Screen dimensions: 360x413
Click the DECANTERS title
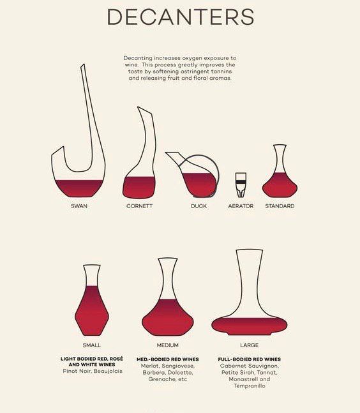coord(181,17)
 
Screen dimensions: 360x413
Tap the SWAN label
coord(79,206)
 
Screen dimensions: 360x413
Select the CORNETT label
coord(139,206)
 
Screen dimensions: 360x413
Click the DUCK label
coord(199,206)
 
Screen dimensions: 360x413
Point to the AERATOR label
coord(241,206)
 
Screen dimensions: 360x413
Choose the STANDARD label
coord(280,206)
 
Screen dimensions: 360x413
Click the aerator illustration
coord(241,185)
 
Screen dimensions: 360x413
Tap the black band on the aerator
coord(241,182)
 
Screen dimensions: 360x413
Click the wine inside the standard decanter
coord(280,186)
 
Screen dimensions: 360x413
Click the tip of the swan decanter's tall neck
coord(83,64)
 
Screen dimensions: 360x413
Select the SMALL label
coord(92,345)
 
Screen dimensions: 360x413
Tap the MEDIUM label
coord(167,345)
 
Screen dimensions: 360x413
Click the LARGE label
coord(249,345)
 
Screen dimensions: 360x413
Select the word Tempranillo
coord(250,386)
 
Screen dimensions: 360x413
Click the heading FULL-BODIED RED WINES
coord(249,359)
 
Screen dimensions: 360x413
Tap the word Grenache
coord(160,379)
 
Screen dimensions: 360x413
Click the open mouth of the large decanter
coord(250,250)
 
